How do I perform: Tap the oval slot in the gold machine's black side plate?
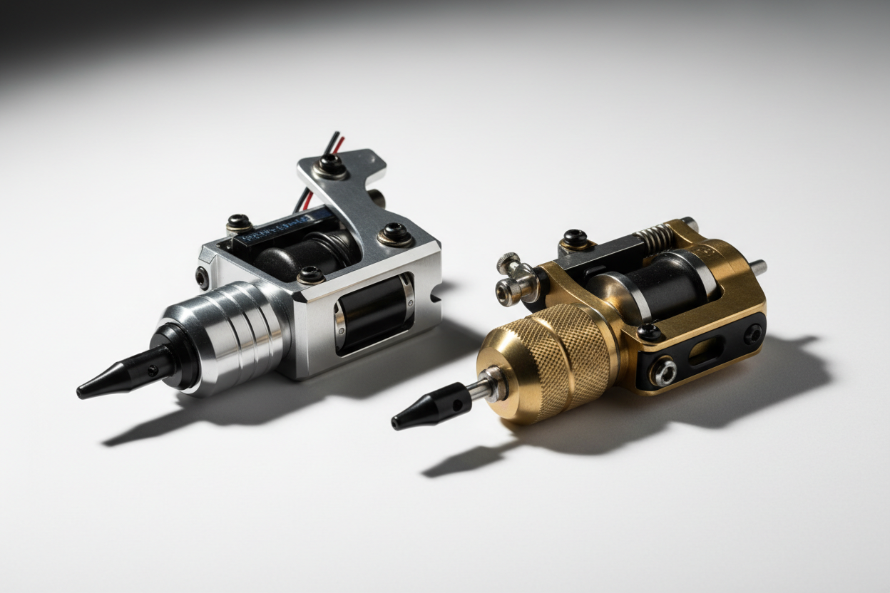[x=706, y=350]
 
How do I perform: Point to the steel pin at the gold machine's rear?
[x=758, y=267]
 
